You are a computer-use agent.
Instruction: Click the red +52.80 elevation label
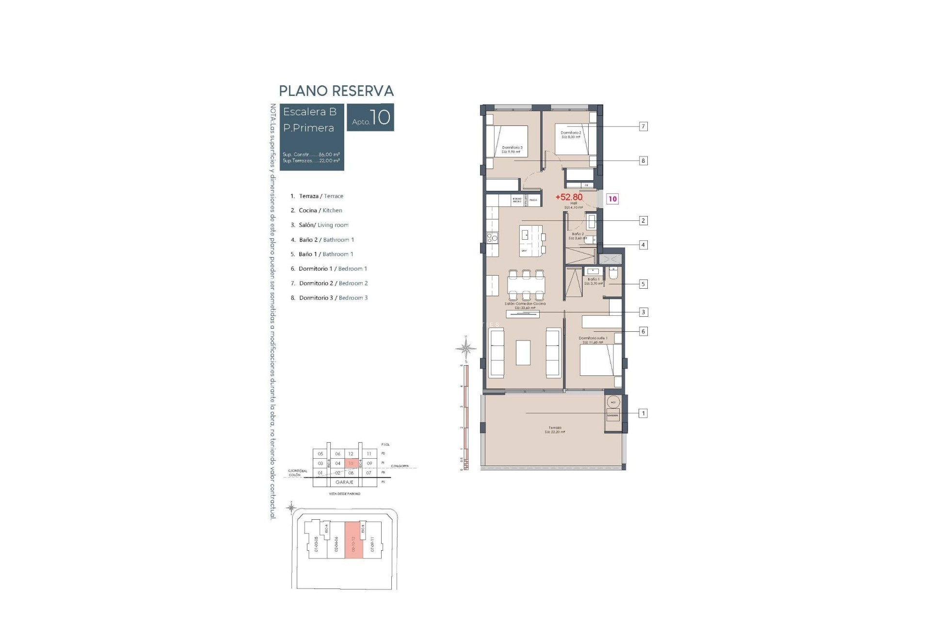click(569, 197)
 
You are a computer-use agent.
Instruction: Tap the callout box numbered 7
click(643, 126)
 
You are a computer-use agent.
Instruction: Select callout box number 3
click(643, 312)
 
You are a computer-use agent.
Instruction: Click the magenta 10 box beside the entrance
click(612, 199)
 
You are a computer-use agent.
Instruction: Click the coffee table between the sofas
click(523, 353)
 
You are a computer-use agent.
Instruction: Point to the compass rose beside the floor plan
click(465, 348)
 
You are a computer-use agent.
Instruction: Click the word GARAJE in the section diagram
click(344, 482)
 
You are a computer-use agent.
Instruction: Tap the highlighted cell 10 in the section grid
click(351, 464)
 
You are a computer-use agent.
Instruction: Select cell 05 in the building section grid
click(321, 454)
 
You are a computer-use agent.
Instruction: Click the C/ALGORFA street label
click(400, 466)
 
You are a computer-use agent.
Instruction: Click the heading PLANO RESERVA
click(336, 91)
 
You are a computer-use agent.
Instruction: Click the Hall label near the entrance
click(573, 203)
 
